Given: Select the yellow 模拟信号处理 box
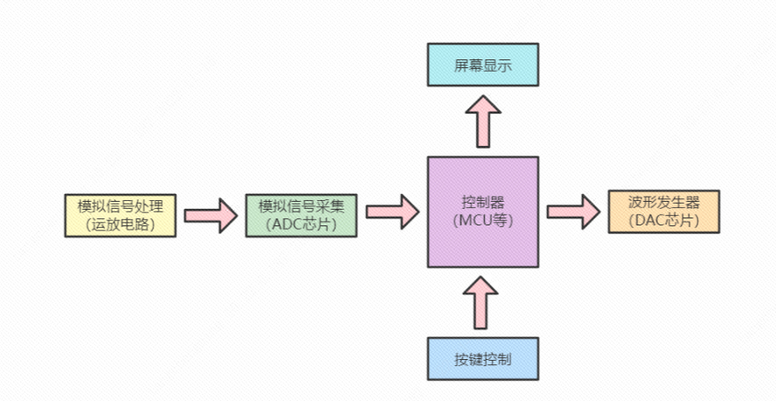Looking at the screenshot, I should click(x=120, y=214).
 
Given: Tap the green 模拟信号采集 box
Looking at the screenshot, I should click(x=301, y=214).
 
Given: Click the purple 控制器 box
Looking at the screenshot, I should click(x=482, y=211).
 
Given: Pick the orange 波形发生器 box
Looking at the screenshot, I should click(x=663, y=211).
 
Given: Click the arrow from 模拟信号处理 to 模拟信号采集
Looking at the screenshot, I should click(x=211, y=214).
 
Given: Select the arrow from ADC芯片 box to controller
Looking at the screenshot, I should click(x=391, y=211).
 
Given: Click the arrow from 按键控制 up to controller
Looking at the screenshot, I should click(x=482, y=302).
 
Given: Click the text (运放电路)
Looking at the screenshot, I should click(x=121, y=224).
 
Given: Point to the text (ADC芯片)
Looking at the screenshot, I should click(x=301, y=224).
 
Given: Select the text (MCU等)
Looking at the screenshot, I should click(x=482, y=221).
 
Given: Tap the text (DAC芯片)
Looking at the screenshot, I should click(x=663, y=220).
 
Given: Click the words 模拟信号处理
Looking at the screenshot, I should click(x=121, y=205).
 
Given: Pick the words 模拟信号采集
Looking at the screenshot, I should click(x=301, y=205).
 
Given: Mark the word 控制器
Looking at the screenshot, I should click(x=482, y=203).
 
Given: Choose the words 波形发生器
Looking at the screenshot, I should click(x=663, y=202).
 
